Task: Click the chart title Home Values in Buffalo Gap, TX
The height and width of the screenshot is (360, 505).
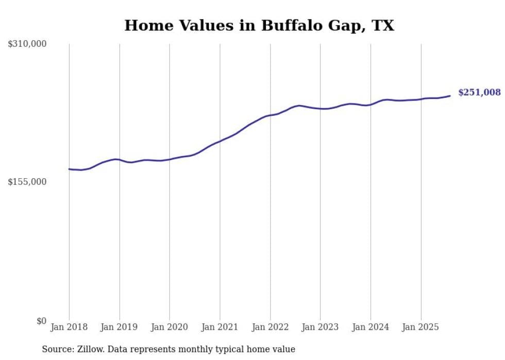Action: (x=259, y=25)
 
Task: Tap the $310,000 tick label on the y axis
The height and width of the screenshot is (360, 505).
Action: (x=27, y=44)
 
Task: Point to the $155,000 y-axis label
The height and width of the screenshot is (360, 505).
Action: (x=27, y=182)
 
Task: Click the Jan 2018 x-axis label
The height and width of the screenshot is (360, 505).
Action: (x=69, y=327)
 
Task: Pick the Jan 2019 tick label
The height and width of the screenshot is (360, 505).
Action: (x=120, y=327)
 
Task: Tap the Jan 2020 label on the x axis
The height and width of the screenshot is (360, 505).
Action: (x=170, y=327)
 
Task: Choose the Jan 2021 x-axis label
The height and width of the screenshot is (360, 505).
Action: (x=220, y=327)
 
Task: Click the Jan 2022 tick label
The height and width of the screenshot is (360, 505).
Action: (x=271, y=327)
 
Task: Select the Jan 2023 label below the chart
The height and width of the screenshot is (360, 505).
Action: (x=321, y=327)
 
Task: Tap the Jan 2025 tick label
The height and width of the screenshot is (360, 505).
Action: (x=421, y=327)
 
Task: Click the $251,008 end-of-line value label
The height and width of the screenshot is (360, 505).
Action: (x=479, y=93)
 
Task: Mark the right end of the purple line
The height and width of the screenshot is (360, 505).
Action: (x=450, y=95)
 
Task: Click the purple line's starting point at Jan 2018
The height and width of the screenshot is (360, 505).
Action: (x=69, y=169)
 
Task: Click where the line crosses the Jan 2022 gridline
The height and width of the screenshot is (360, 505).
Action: (x=271, y=115)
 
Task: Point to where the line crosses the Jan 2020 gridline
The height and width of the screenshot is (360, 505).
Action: (x=170, y=159)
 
